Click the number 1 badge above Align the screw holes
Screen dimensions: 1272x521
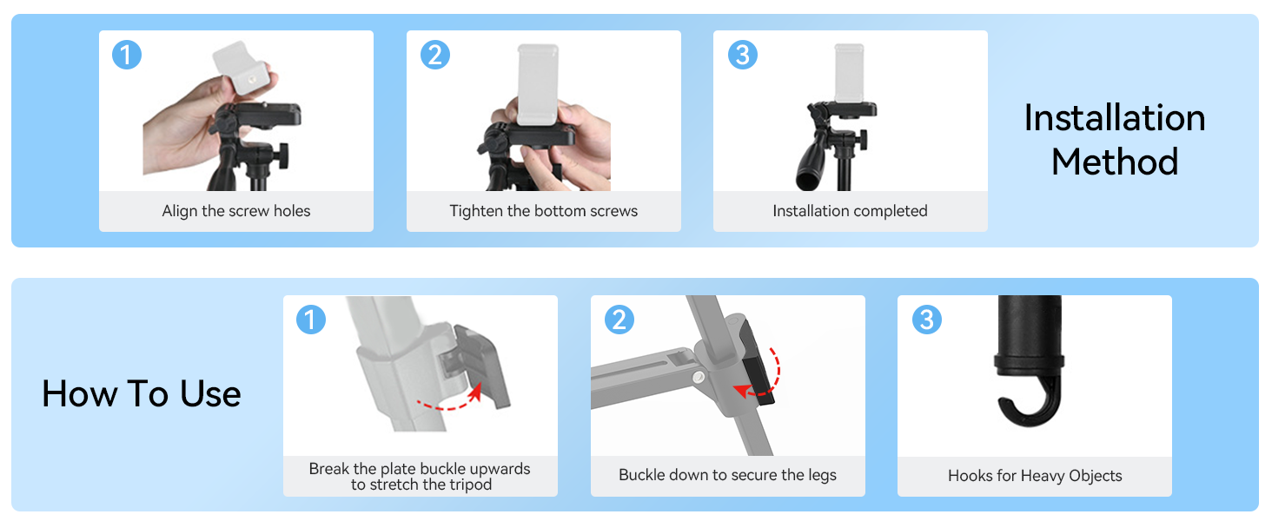[x=127, y=55]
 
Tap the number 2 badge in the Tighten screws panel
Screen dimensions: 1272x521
[x=435, y=55]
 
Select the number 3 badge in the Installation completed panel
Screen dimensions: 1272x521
[x=743, y=55]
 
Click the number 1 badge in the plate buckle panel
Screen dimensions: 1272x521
[x=311, y=320]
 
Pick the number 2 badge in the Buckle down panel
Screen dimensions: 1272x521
[x=619, y=320]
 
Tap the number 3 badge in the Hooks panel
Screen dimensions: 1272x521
[x=927, y=320]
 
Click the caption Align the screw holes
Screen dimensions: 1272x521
[x=236, y=211]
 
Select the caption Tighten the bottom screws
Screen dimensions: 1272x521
[x=543, y=211]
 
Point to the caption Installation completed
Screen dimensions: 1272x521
[x=850, y=211]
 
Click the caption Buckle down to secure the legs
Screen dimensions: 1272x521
[x=727, y=475]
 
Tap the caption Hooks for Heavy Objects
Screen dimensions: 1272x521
[x=1035, y=476]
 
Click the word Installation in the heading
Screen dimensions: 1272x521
[x=1115, y=118]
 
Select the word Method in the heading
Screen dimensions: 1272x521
[x=1115, y=162]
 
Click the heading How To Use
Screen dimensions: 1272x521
[x=142, y=393]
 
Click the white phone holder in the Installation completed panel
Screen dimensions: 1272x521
[x=850, y=74]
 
